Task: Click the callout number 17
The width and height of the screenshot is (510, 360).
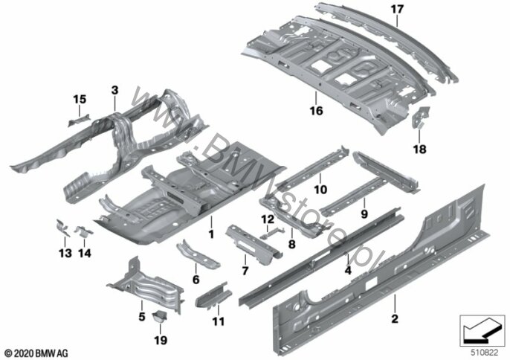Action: (x=396, y=10)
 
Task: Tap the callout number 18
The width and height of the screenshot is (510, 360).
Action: (x=419, y=149)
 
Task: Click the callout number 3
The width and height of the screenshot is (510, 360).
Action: (x=114, y=90)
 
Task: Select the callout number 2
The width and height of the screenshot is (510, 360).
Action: (x=395, y=320)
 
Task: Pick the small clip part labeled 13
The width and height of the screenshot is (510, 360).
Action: (x=63, y=227)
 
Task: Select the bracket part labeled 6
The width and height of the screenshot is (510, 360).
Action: (x=197, y=253)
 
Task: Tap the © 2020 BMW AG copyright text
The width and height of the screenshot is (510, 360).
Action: (x=36, y=351)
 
